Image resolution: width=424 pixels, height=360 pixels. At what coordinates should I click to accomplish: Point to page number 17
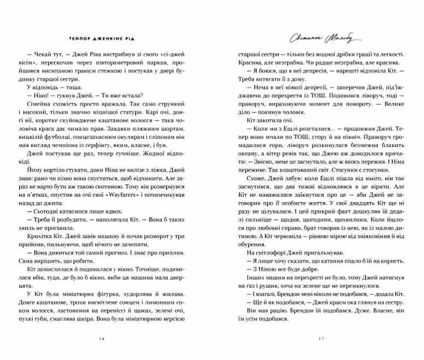[x=319, y=339]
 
